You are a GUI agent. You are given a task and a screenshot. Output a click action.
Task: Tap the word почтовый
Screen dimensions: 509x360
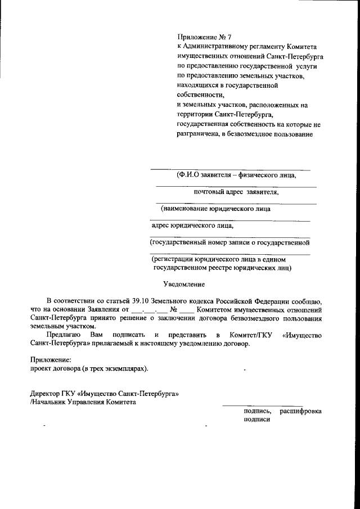point(209,191)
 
